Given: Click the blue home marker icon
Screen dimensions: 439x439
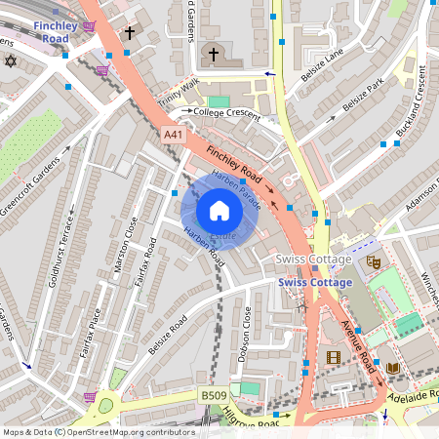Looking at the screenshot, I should coord(219,211).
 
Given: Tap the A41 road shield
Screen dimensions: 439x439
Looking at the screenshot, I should coord(174,135).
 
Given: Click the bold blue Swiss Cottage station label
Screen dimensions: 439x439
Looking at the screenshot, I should coord(314,282).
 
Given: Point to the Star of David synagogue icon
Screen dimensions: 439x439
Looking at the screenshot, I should coord(12,61).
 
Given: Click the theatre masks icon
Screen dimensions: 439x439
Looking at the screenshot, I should coord(372,261).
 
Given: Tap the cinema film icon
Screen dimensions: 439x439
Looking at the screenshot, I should coord(335,357).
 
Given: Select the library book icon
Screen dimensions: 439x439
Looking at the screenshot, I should coord(392,367).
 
